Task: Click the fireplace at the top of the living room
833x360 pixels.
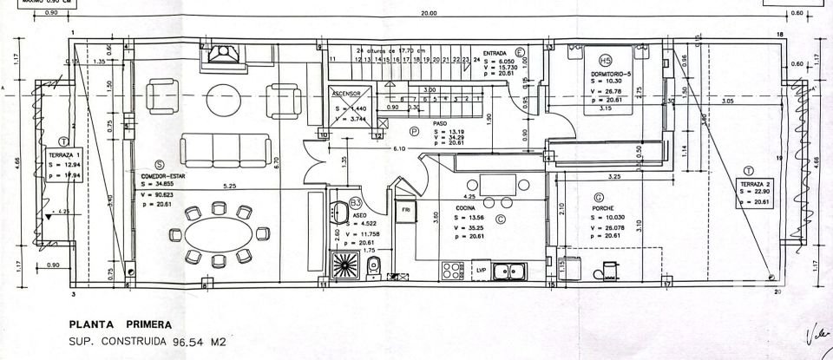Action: click(x=225, y=58)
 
